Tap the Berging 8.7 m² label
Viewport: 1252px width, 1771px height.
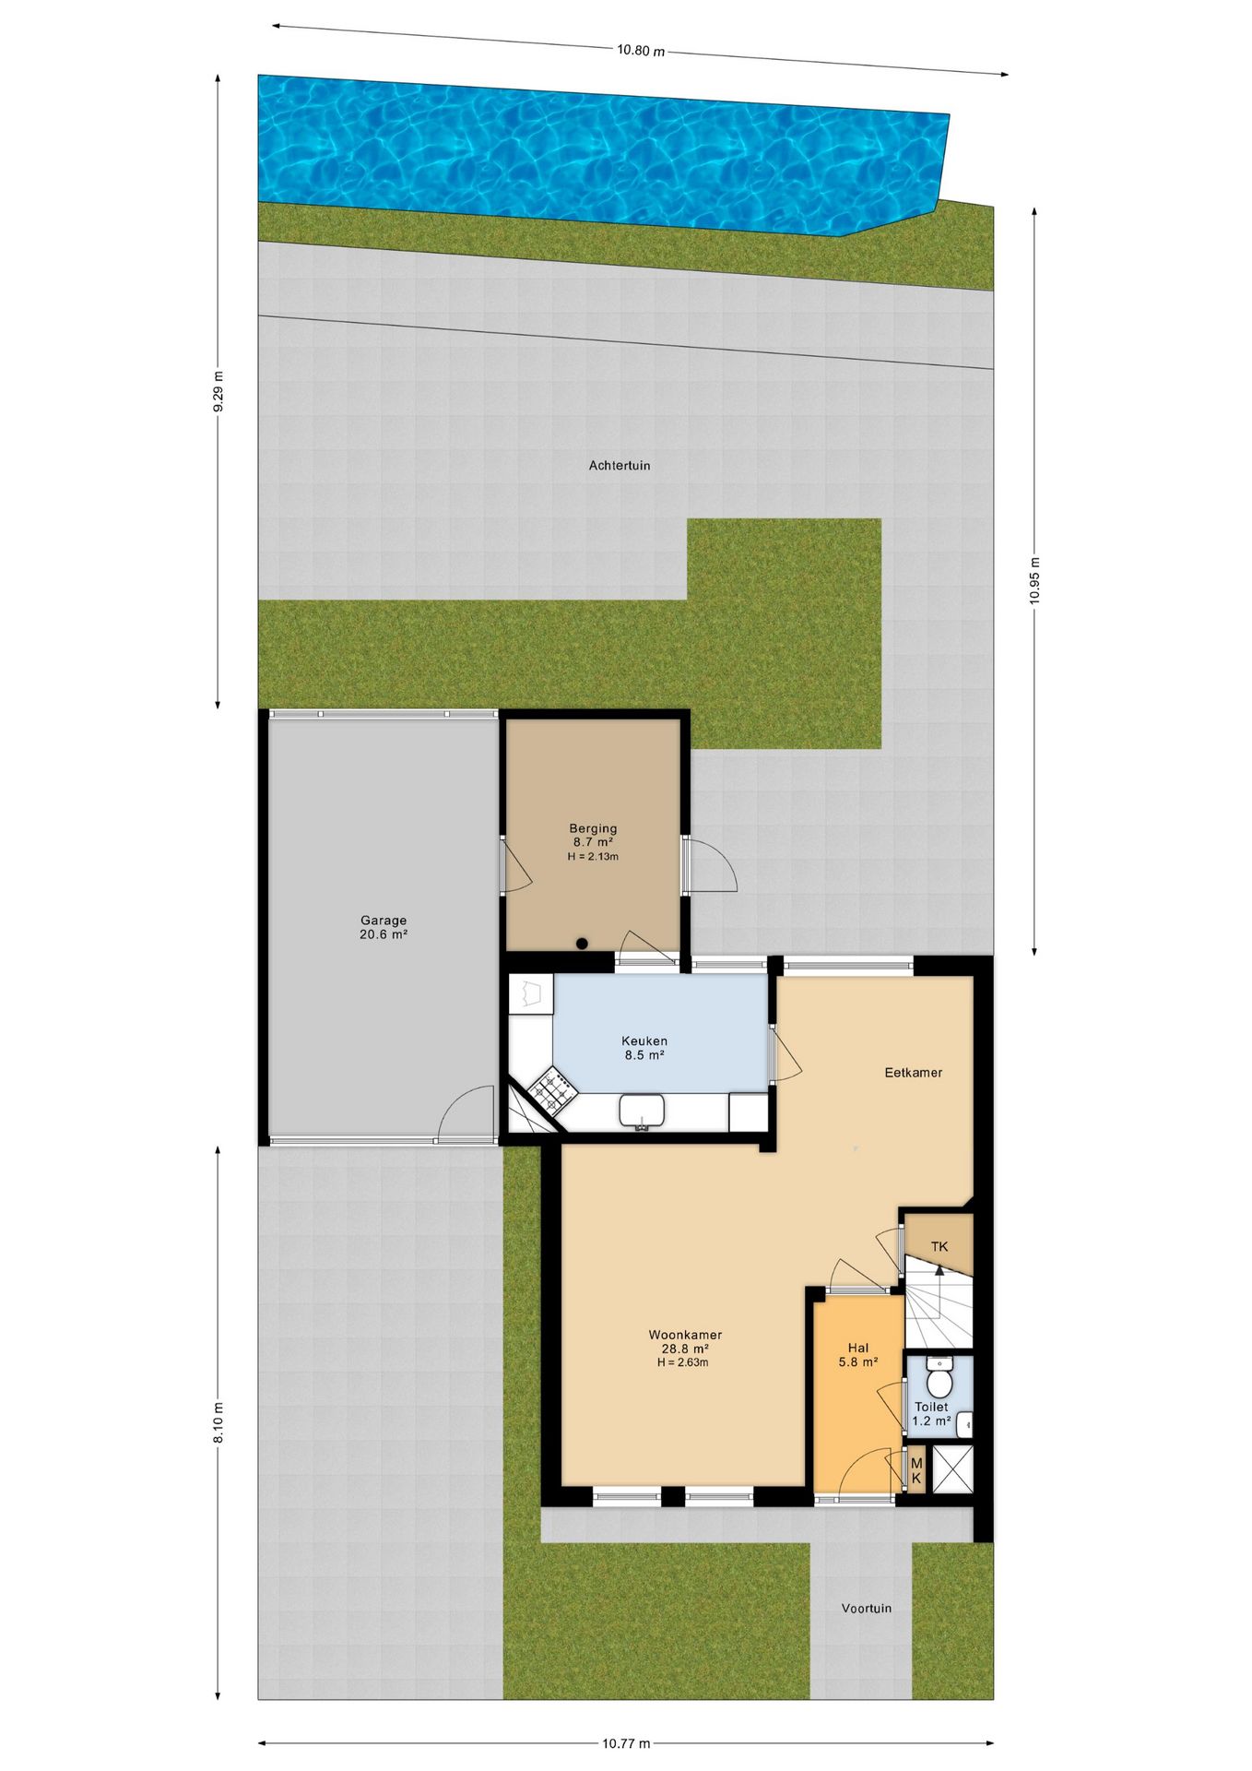pyautogui.click(x=593, y=836)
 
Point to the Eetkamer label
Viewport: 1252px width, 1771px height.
pyautogui.click(x=913, y=1073)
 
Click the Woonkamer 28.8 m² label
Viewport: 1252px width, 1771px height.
pyautogui.click(x=685, y=1341)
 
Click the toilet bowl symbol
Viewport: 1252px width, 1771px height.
pyautogui.click(x=939, y=1382)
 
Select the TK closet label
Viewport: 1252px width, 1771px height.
pyautogui.click(x=939, y=1247)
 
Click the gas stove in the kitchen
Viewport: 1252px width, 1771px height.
pyautogui.click(x=552, y=1089)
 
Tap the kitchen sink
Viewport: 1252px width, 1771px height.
pyautogui.click(x=643, y=1111)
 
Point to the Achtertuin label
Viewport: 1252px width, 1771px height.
pyautogui.click(x=620, y=466)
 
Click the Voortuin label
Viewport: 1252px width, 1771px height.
pyautogui.click(x=866, y=1609)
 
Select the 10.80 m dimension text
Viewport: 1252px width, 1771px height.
pyautogui.click(x=641, y=51)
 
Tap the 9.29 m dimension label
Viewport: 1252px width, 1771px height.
pyautogui.click(x=219, y=393)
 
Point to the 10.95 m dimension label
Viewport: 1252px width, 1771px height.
pyautogui.click(x=1034, y=580)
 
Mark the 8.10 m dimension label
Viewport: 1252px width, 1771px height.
pyautogui.click(x=219, y=1422)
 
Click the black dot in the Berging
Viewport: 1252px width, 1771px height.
pyautogui.click(x=582, y=943)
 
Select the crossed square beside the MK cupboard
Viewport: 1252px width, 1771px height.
pyautogui.click(x=951, y=1469)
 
